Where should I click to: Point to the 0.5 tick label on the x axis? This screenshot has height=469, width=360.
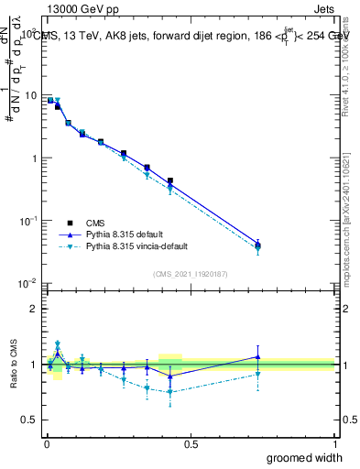tap(191, 443)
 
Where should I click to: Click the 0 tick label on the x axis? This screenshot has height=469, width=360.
tap(47, 443)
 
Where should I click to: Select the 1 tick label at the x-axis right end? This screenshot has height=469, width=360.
tap(334, 443)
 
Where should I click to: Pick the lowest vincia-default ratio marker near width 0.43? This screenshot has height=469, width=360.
tap(170, 391)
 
